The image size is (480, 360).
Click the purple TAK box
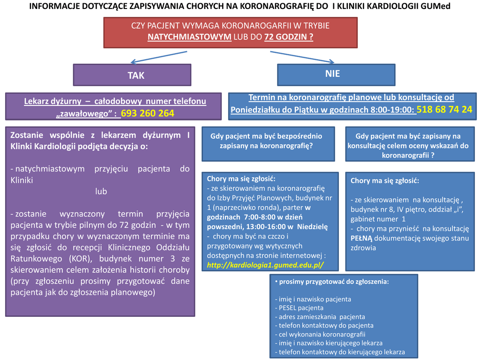pyautogui.click(x=132, y=75)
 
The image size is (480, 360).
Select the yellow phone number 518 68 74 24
pyautogui.click(x=444, y=109)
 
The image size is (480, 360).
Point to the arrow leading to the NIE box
pyautogui.click(x=302, y=56)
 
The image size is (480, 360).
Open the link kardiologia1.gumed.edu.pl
pyautogui.click(x=265, y=265)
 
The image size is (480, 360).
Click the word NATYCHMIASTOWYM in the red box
pyautogui.click(x=189, y=37)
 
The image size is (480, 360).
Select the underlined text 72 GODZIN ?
pyautogui.click(x=289, y=37)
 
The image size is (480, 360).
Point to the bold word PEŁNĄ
pyautogui.click(x=361, y=238)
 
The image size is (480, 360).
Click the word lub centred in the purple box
pyautogui.click(x=101, y=191)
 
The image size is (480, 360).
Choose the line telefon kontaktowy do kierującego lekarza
pyautogui.click(x=341, y=352)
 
